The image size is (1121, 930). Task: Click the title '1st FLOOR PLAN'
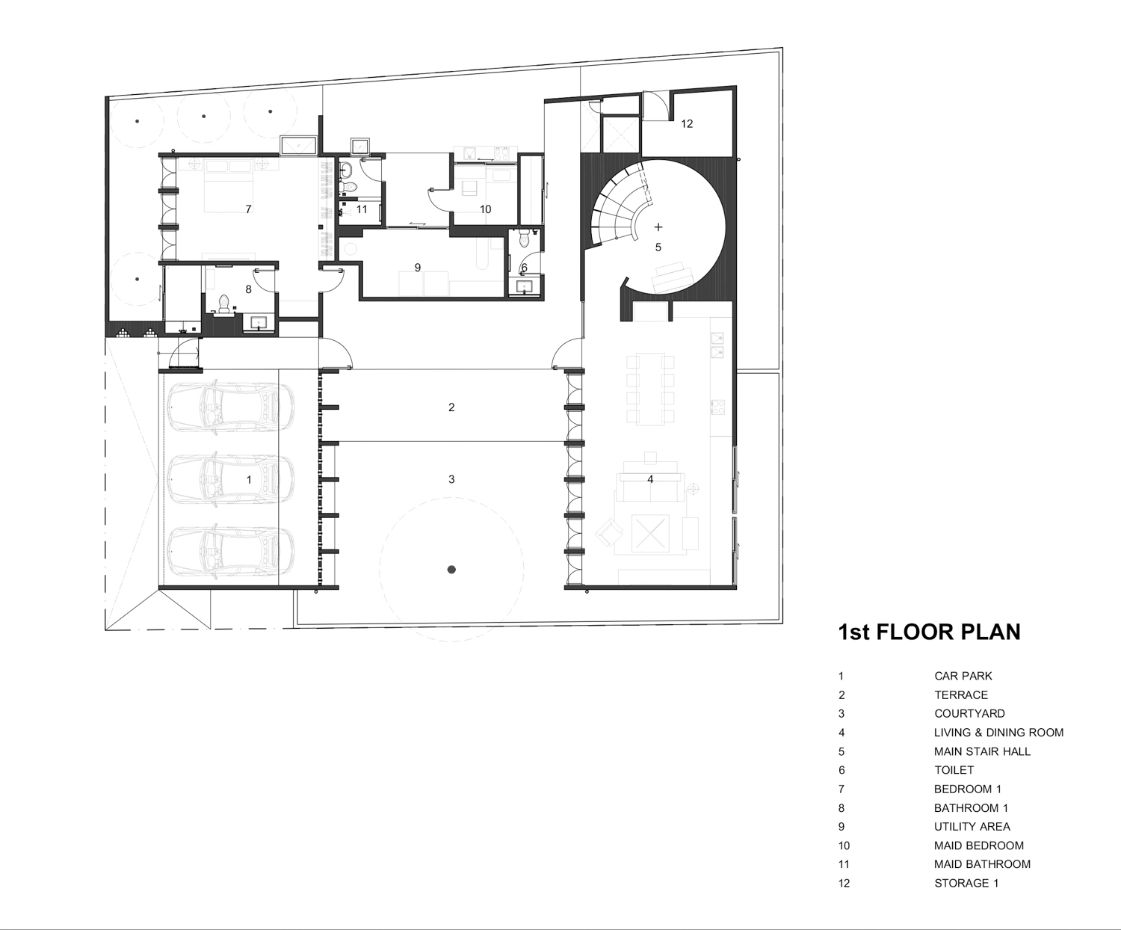(x=930, y=632)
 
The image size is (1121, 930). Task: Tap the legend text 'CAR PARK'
(x=963, y=676)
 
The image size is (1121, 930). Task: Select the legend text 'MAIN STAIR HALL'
(x=982, y=751)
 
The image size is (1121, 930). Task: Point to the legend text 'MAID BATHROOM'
(x=982, y=864)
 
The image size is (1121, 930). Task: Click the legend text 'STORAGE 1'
(x=966, y=883)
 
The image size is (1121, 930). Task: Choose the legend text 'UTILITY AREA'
(x=972, y=826)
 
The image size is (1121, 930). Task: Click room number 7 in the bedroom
(x=248, y=209)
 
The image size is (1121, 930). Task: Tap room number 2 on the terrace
(x=451, y=407)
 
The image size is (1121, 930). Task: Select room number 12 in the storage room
(x=687, y=123)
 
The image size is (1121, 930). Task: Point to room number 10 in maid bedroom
(x=485, y=209)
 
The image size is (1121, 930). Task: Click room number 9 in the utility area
(x=418, y=268)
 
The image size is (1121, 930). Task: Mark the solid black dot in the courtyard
(x=451, y=570)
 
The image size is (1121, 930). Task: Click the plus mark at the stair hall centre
(x=658, y=227)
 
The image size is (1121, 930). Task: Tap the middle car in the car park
(x=231, y=479)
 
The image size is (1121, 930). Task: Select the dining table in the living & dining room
(x=650, y=389)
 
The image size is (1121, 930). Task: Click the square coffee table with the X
(x=650, y=532)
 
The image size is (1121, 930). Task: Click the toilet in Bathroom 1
(x=224, y=305)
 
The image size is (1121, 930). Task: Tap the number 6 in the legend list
(x=841, y=770)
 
